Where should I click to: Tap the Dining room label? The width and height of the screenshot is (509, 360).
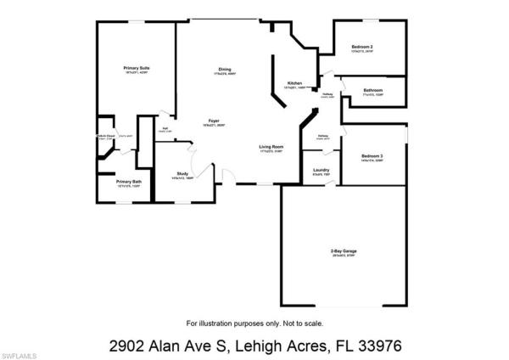tap(224, 70)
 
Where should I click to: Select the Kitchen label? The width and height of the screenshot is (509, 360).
tap(294, 82)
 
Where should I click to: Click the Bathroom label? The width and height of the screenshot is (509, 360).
tap(373, 90)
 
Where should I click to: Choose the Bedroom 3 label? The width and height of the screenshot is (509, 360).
tap(372, 156)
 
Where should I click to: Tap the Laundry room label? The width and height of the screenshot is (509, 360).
tap(321, 172)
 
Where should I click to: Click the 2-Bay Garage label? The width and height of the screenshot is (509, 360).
tap(343, 251)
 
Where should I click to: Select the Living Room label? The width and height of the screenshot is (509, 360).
tap(271, 148)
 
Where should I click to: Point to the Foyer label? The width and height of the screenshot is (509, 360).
tap(215, 122)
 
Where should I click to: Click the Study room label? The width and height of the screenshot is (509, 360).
tap(183, 173)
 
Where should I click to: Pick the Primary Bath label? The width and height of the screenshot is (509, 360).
tap(130, 182)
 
